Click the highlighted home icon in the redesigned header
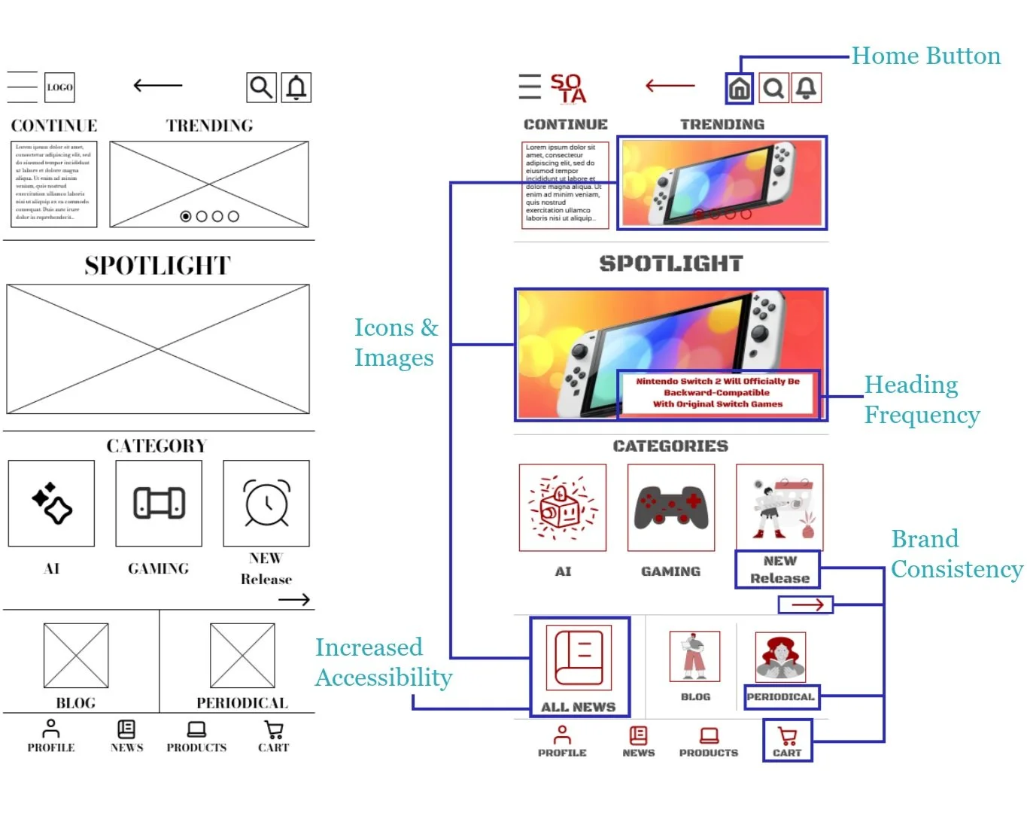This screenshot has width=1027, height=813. tap(740, 89)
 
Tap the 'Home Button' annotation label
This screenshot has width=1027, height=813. tap(925, 56)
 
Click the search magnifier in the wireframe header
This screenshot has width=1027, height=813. tap(261, 87)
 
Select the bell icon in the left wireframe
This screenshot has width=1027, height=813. tap(296, 87)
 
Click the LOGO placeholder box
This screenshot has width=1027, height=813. tap(59, 87)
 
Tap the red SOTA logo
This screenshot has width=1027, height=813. tap(568, 88)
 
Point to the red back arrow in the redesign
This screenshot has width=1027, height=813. tap(670, 86)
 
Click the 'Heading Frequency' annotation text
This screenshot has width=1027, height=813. tap(921, 400)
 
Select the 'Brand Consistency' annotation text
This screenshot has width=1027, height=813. tap(956, 554)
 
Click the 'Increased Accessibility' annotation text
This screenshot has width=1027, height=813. tap(383, 662)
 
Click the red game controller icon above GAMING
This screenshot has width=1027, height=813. tap(670, 507)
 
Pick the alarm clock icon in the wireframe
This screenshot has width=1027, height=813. tap(266, 503)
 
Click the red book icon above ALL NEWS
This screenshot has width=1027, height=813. tap(579, 657)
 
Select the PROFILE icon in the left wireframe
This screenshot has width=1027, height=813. tap(51, 729)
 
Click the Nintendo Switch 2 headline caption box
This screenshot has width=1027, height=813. tap(717, 393)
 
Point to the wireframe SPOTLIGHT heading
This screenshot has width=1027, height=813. tap(157, 266)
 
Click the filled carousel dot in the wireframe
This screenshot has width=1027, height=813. tap(186, 216)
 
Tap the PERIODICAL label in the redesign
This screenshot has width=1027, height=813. tap(780, 697)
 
